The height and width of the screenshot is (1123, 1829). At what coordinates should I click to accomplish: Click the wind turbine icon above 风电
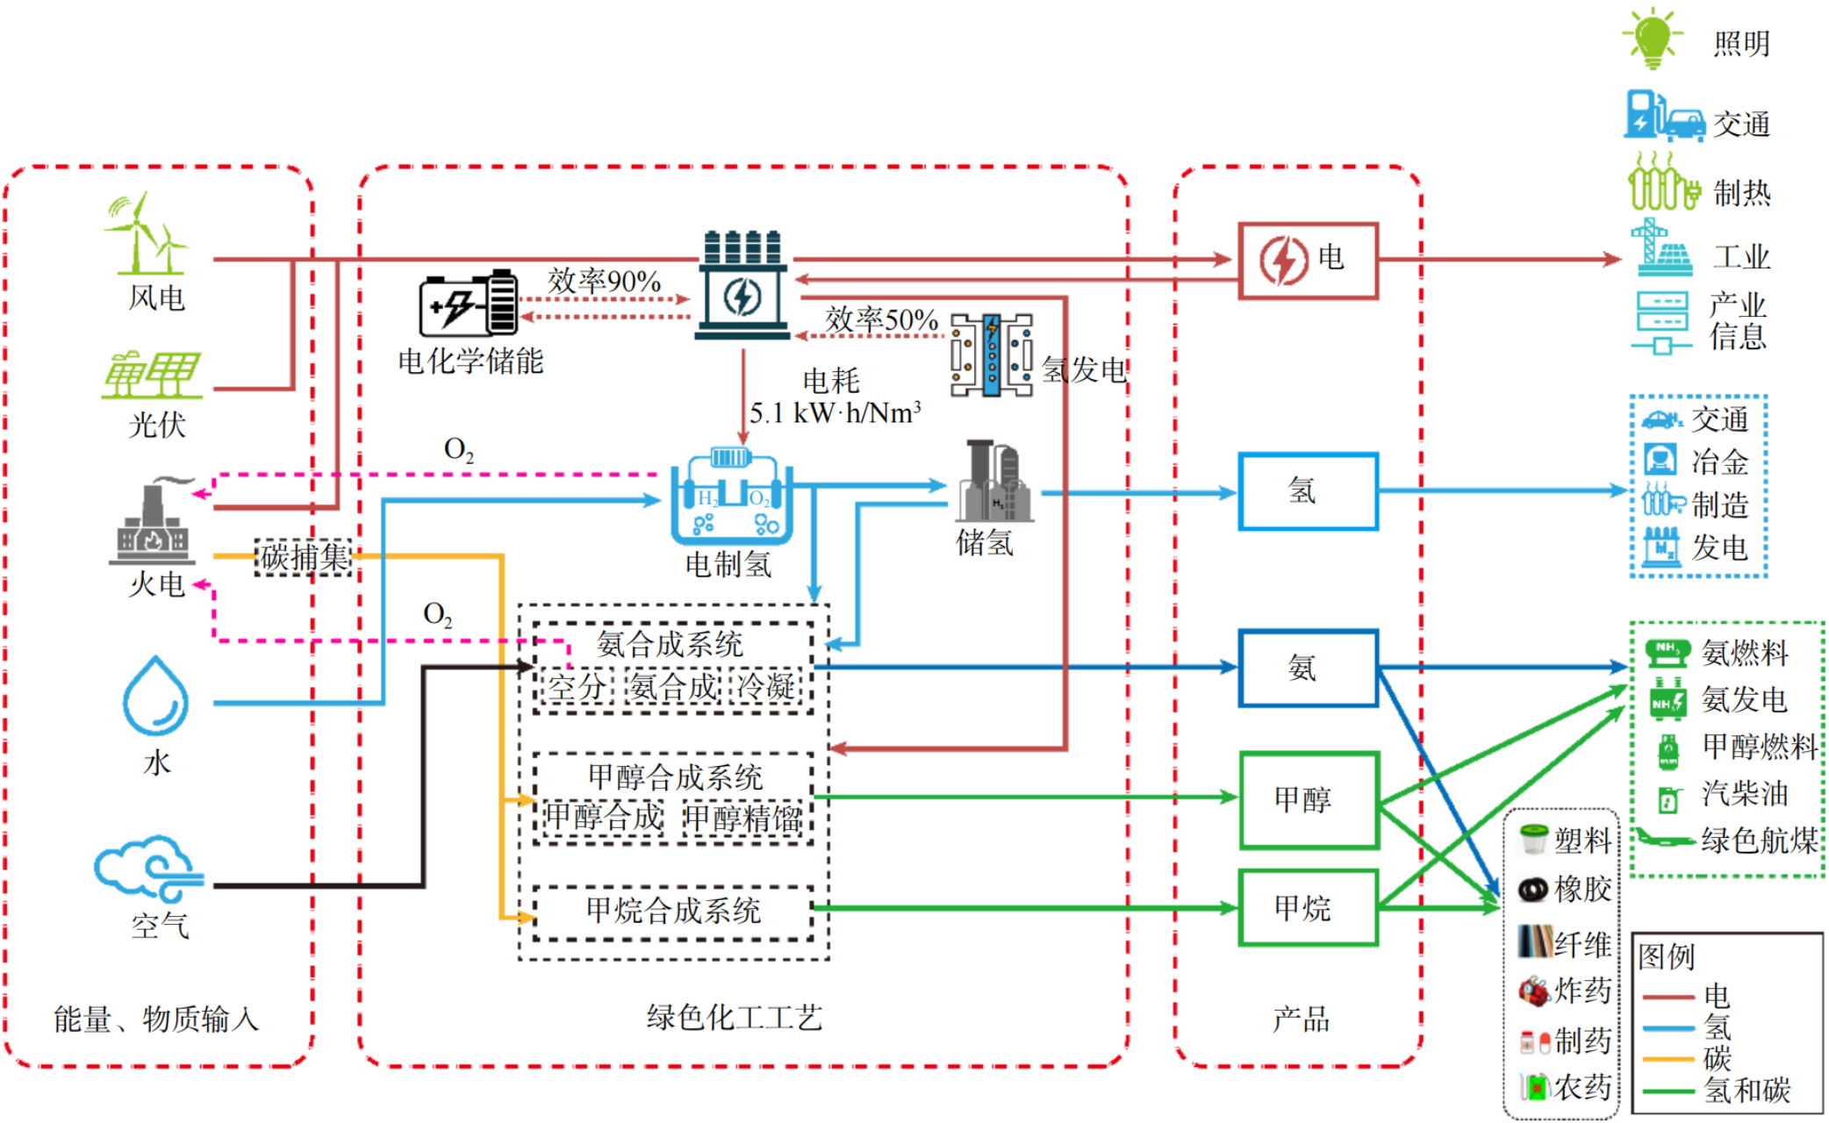pyautogui.click(x=145, y=233)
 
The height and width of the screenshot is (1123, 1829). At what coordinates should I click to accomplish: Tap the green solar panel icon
pyautogui.click(x=151, y=376)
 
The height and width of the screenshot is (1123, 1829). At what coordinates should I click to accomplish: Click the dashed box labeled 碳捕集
pyautogui.click(x=304, y=557)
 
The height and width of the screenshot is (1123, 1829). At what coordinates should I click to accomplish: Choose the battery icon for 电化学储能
pyautogui.click(x=469, y=304)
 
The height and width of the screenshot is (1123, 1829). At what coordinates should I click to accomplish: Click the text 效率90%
pyautogui.click(x=604, y=282)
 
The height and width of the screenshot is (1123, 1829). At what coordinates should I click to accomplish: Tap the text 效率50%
pyautogui.click(x=881, y=319)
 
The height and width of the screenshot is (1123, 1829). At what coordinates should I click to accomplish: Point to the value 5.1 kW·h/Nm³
pyautogui.click(x=835, y=413)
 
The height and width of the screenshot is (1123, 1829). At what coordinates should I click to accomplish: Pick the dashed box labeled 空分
pyautogui.click(x=577, y=686)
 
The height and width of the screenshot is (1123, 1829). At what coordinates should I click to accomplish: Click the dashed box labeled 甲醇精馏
pyautogui.click(x=742, y=819)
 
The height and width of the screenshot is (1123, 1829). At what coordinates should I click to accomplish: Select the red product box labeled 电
pyautogui.click(x=1308, y=261)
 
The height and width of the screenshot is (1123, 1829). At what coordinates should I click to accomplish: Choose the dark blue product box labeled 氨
pyautogui.click(x=1308, y=668)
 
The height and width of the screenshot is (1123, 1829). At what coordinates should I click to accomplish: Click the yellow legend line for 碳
pyautogui.click(x=1668, y=1059)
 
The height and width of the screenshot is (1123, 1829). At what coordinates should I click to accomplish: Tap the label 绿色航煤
pyautogui.click(x=1759, y=840)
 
